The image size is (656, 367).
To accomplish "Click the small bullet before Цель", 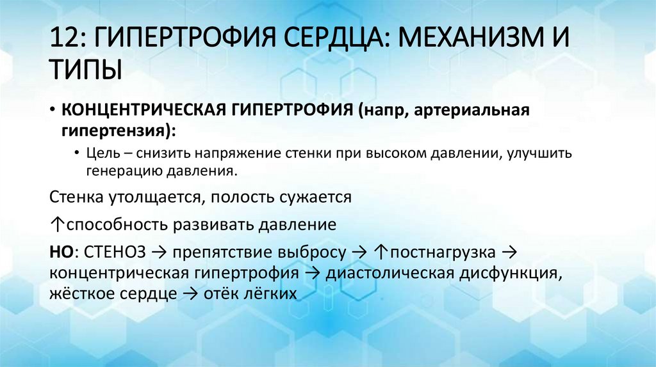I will point(76,154).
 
